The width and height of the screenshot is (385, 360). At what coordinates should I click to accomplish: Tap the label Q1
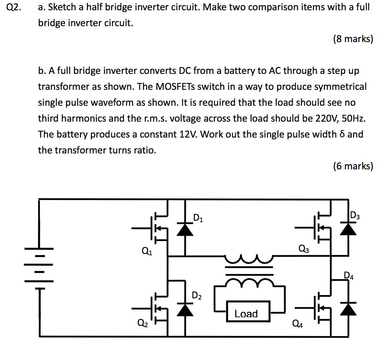click(147, 251)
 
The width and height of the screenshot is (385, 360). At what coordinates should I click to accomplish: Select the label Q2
click(143, 322)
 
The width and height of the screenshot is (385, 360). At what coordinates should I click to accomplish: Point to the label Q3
click(303, 248)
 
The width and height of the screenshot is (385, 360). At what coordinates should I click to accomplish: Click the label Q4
click(297, 323)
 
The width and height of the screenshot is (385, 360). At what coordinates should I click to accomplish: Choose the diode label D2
click(196, 295)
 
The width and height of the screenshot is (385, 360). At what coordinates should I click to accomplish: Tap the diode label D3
click(355, 216)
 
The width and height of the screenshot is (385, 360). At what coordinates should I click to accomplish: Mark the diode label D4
click(348, 275)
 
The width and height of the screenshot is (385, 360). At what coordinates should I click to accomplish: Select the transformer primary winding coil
click(249, 259)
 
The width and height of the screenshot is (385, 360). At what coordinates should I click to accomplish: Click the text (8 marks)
click(353, 39)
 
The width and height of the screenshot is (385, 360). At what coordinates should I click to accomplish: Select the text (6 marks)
click(353, 166)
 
